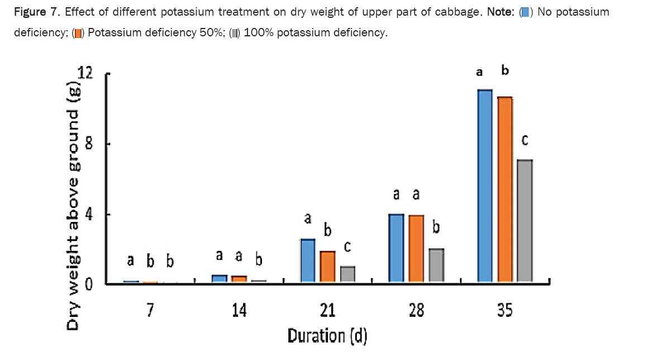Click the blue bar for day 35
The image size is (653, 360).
coord(484,184)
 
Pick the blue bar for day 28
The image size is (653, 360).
coord(396,248)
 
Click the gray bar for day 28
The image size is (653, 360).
coord(436,265)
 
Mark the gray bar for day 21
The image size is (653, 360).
coord(347,274)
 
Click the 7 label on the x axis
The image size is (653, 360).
coord(149,310)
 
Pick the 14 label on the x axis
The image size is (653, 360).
coord(238,310)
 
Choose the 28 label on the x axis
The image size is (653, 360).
coord(416,310)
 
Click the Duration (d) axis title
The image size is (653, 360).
coord(327,336)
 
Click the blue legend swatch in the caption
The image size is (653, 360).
coord(525,12)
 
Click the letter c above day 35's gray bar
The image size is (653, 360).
coord(525,140)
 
